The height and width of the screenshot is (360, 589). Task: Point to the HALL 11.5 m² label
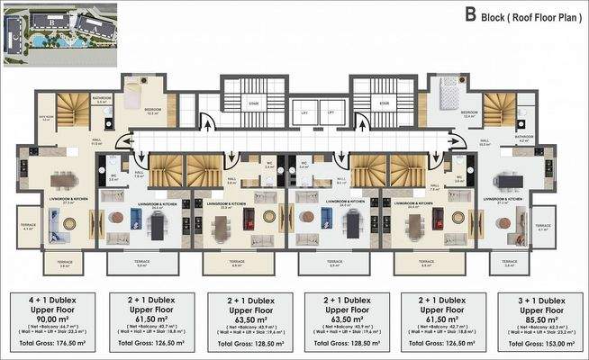[95, 141]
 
